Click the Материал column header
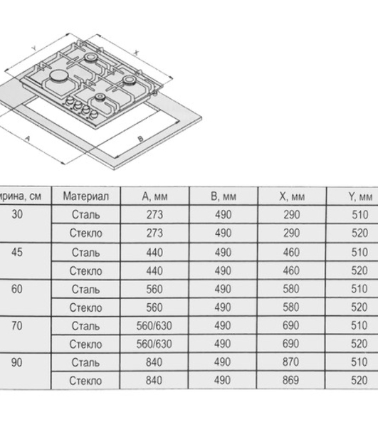click(86, 196)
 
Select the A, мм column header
click(154, 196)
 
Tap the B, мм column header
click(224, 196)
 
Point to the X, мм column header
click(292, 196)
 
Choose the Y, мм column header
click(360, 196)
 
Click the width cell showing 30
click(17, 214)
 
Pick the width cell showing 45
click(17, 252)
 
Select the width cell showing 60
click(17, 289)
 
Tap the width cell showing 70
click(17, 326)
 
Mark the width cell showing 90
click(17, 362)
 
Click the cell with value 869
click(291, 380)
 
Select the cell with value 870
click(291, 362)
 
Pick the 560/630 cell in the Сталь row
click(154, 326)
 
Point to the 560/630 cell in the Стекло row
click(154, 344)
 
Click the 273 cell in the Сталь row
click(154, 215)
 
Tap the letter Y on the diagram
click(34, 48)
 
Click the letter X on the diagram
click(137, 53)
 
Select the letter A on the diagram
click(27, 138)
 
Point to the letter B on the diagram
click(140, 139)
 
